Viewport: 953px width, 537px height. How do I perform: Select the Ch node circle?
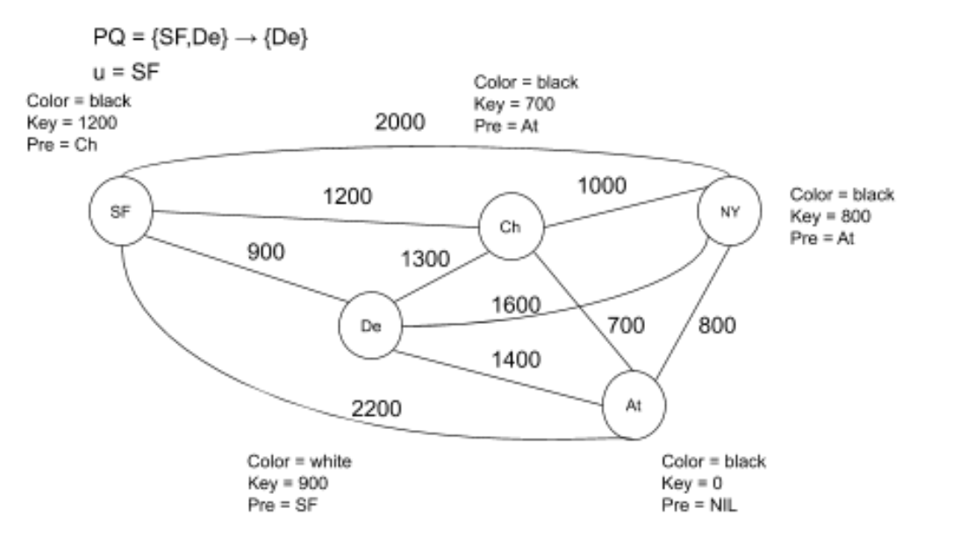(x=511, y=227)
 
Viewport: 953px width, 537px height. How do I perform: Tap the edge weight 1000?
(x=601, y=185)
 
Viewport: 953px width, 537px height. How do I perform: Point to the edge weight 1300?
(x=426, y=261)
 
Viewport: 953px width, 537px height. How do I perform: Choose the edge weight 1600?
(x=515, y=304)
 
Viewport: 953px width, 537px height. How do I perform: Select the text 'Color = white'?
(x=299, y=461)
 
